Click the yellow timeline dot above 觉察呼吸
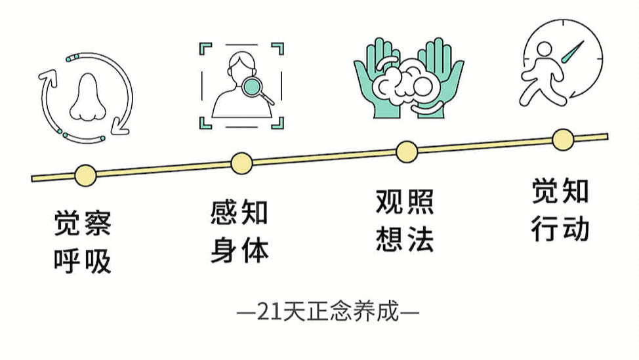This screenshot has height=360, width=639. tap(85, 174)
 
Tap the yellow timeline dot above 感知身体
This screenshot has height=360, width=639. tap(241, 163)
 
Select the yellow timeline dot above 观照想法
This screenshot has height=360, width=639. tap(407, 151)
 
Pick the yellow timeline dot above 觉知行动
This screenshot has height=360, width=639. tap(562, 139)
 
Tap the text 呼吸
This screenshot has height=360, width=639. tap(83, 260)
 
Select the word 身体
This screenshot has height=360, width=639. tap(239, 250)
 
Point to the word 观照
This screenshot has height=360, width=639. tap(405, 202)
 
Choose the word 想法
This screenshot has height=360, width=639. tap(405, 239)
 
